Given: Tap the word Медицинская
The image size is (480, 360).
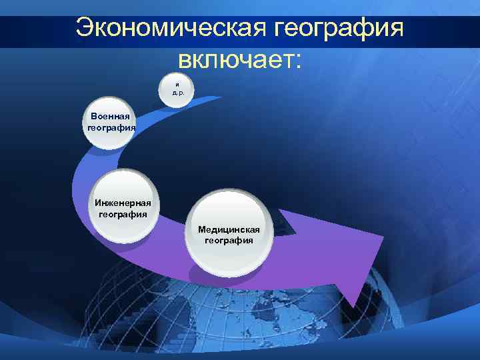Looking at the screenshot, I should tap(229, 229).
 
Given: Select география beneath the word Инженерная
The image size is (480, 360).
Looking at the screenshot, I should tap(123, 215).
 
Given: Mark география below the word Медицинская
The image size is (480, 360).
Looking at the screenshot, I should tap(229, 241).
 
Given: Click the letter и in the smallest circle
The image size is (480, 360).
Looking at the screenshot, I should tap(177, 85).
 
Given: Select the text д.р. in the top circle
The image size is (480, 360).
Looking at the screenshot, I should tap(177, 93).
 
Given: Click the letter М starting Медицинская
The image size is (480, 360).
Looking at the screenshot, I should tap(201, 229).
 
